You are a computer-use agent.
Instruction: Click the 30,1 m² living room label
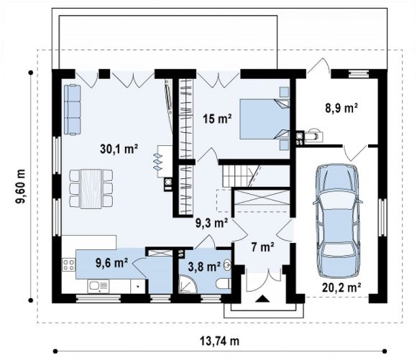tap(119, 149)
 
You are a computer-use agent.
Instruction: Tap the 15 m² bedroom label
tap(217, 119)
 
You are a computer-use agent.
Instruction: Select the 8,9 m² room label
tap(342, 109)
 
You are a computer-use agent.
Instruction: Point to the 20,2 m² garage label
tap(342, 287)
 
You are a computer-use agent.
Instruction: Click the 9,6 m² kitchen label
tap(112, 263)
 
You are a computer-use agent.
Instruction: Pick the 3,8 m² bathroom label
tap(204, 267)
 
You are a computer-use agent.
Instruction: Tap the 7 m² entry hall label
tap(262, 247)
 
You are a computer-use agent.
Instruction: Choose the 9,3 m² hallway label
tap(211, 223)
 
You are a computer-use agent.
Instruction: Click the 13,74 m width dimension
tap(220, 341)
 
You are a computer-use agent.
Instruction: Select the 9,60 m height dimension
tap(20, 186)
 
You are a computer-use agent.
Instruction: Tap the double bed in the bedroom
tap(265, 119)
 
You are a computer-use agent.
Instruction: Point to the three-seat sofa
tap(72, 109)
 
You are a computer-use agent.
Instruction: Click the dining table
tap(91, 189)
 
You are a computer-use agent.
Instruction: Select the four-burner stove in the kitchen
tap(68, 265)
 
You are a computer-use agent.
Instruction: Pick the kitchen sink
tap(98, 287)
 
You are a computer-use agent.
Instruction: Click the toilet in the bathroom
tap(224, 284)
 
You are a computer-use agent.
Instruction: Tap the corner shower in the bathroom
tap(188, 285)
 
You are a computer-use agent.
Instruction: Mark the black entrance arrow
tap(262, 299)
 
